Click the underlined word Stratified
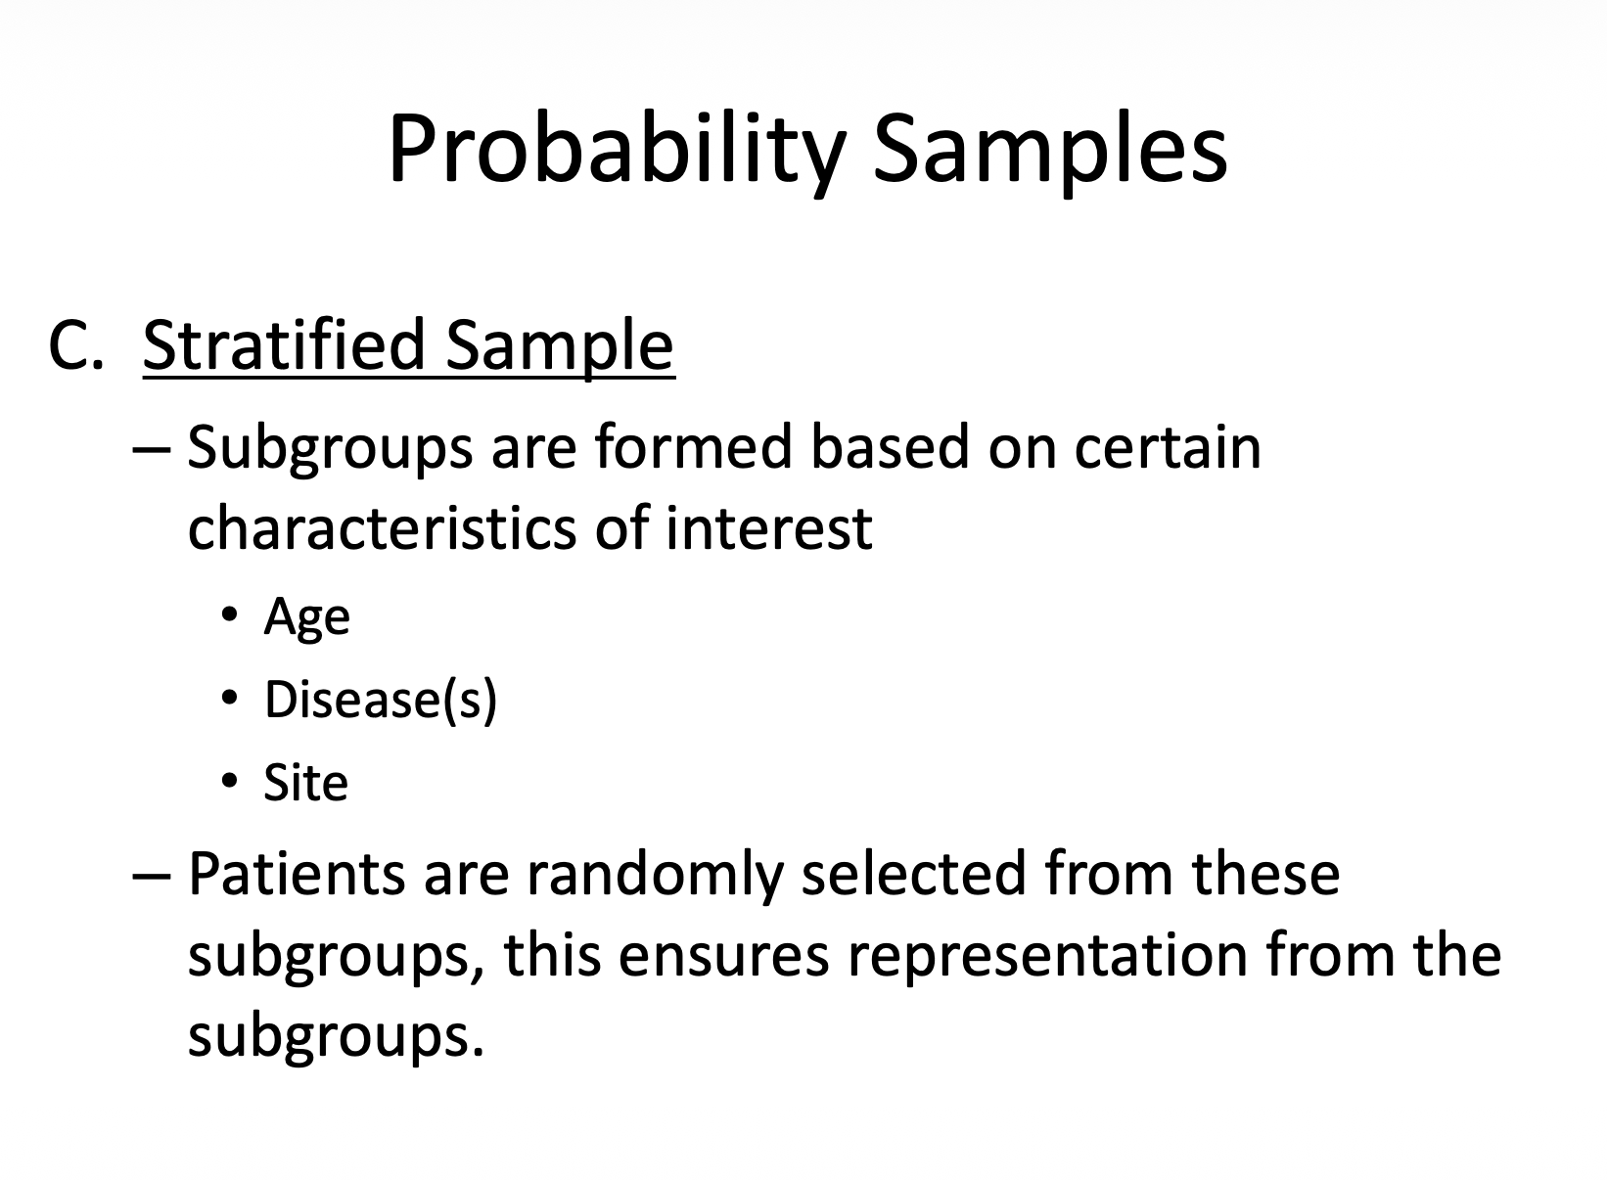[285, 345]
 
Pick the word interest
[768, 527]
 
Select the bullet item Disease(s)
[381, 700]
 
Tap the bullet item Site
[305, 783]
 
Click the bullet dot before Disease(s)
[229, 698]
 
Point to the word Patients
[295, 874]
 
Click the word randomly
[655, 874]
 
